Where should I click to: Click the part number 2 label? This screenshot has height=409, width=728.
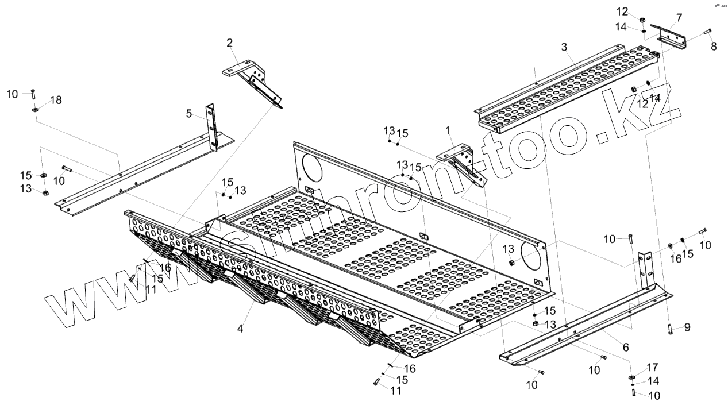[230, 43]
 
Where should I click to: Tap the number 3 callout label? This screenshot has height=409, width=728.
[564, 45]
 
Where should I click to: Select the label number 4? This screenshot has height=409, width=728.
[240, 329]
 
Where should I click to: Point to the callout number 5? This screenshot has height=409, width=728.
[189, 114]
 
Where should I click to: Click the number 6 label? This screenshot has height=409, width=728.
[626, 347]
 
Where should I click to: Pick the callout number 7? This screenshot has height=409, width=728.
[679, 18]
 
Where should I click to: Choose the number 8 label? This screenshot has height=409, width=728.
[714, 47]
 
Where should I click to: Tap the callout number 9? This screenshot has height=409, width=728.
[687, 327]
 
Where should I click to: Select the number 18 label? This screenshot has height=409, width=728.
[56, 100]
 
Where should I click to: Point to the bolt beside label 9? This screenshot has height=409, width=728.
[670, 329]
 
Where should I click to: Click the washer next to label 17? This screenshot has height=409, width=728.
[631, 376]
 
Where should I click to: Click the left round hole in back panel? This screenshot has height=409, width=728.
[310, 167]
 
